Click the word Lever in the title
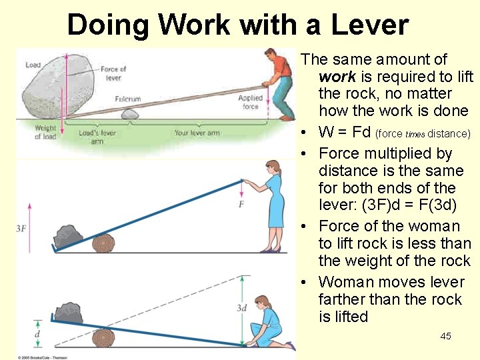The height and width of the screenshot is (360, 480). [363, 25]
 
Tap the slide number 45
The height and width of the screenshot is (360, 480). [445, 336]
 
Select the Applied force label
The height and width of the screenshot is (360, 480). [251, 102]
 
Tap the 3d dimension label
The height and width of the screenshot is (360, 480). [241, 308]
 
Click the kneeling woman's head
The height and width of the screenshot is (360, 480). [263, 303]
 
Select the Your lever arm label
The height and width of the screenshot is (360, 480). [197, 133]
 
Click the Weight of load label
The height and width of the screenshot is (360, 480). [45, 132]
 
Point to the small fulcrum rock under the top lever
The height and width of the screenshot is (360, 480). [129, 114]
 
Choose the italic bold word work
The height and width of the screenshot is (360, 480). [337, 77]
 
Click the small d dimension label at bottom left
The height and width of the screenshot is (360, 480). [37, 333]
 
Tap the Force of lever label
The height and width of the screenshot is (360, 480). [113, 73]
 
